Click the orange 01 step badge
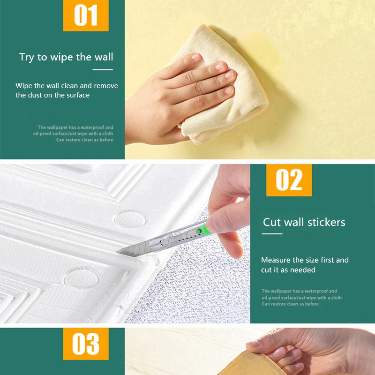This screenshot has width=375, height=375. click(86, 15)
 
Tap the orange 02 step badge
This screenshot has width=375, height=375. click(289, 180)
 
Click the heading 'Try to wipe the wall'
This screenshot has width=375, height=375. click(66, 57)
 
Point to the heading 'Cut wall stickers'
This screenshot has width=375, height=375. click(304, 222)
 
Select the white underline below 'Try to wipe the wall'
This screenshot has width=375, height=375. click(103, 69)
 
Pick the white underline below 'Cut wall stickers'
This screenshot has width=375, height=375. click(272, 233)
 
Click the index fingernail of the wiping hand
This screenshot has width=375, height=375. click(195, 57)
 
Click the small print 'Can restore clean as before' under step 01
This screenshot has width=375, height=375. click(85, 140)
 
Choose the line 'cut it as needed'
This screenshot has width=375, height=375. click(288, 270)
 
